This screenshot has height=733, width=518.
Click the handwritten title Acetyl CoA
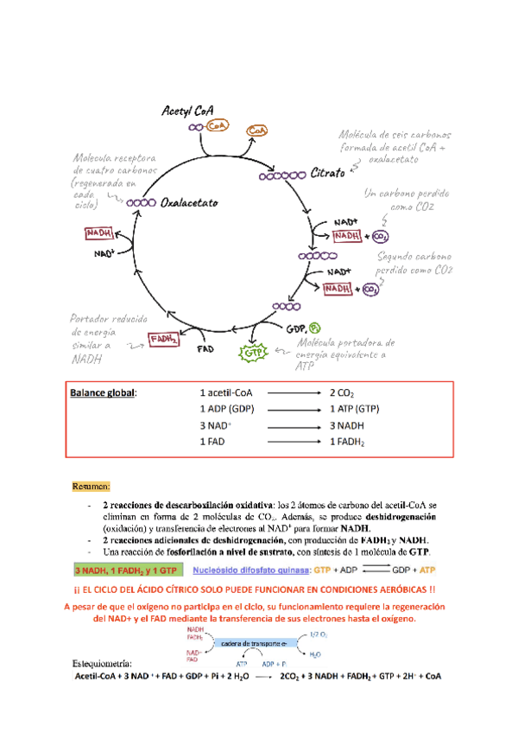pyautogui.click(x=188, y=111)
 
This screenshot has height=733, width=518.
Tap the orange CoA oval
pyautogui.click(x=257, y=130)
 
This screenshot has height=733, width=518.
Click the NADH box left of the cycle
pyautogui.click(x=98, y=233)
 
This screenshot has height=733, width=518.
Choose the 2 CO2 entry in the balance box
pyautogui.click(x=342, y=392)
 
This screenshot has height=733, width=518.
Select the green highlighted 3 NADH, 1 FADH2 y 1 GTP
pyautogui.click(x=126, y=570)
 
